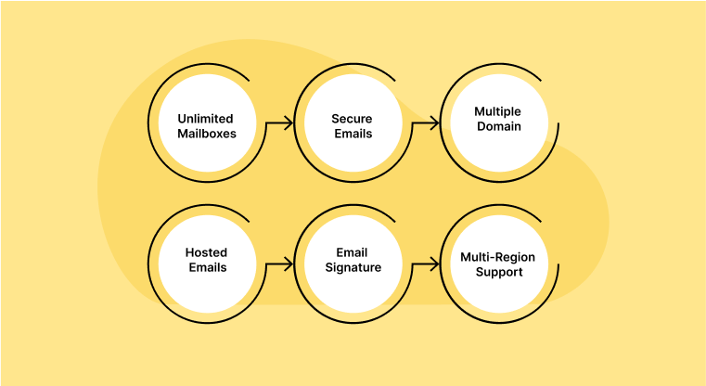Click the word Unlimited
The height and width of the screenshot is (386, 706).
pos(206,119)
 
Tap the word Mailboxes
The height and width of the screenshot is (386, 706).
pos(206,134)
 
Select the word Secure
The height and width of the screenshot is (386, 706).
pos(352,119)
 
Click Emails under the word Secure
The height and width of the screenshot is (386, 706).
pos(352,134)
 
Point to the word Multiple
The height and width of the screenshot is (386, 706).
pos(498,111)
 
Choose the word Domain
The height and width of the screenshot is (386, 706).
pos(498,126)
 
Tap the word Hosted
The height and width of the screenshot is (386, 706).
pos(206,252)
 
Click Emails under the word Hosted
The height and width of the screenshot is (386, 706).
pos(206,267)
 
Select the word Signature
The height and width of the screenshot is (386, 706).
pos(352,267)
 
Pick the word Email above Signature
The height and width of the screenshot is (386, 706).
pos(352,252)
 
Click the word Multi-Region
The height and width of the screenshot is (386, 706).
pos(498,257)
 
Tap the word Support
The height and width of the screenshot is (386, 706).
pos(498,272)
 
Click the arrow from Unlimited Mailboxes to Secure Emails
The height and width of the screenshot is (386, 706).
pos(279,122)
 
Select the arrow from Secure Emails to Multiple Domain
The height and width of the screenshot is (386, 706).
pos(426,122)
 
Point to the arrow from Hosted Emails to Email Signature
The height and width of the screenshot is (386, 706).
pos(279,264)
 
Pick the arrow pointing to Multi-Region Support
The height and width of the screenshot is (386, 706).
pos(426,264)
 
